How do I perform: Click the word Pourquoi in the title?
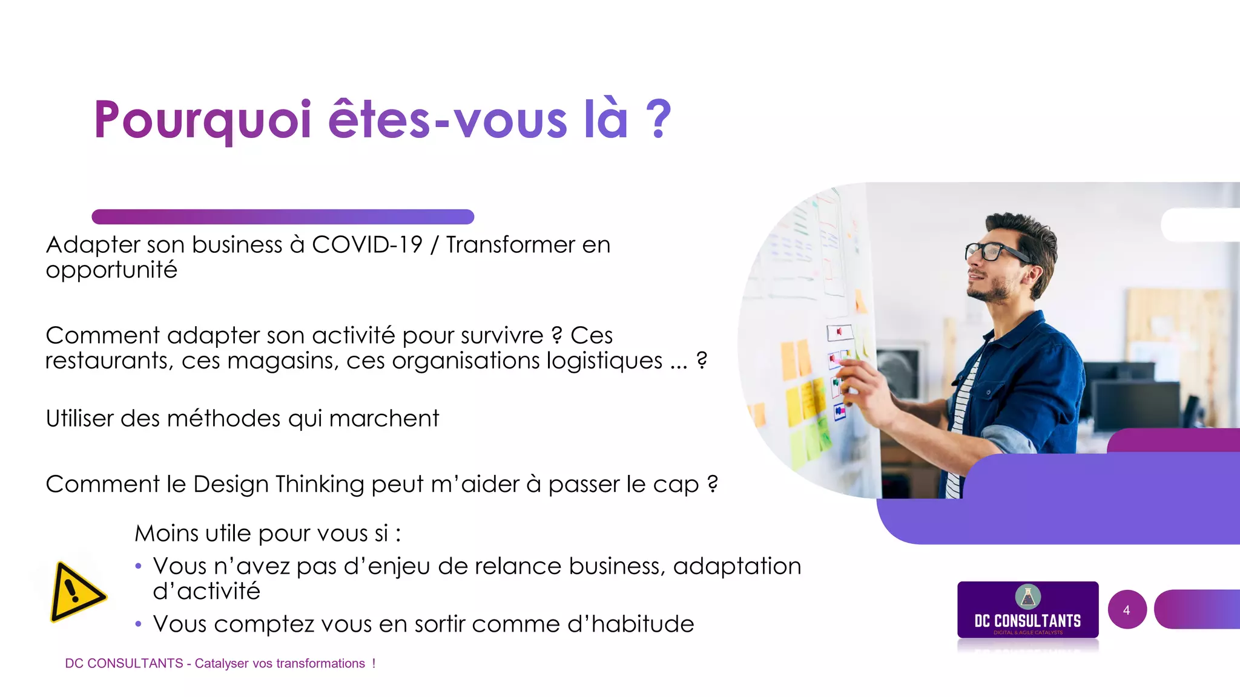202,120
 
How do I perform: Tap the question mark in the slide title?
659,119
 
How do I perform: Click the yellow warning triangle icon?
77,592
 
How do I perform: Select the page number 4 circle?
1127,610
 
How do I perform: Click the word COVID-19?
367,245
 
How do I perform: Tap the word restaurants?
109,361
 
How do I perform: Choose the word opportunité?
111,270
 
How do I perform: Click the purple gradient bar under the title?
283,217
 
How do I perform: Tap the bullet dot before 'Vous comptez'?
139,624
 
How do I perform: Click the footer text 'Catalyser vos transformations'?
280,664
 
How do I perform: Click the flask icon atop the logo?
1027,596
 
